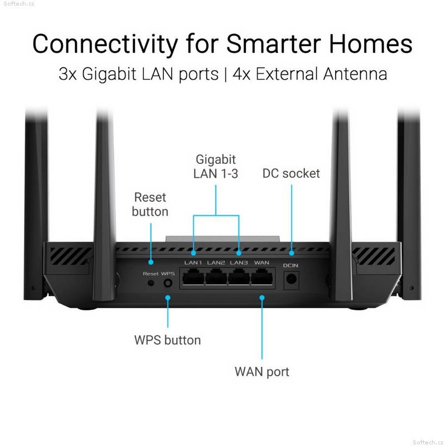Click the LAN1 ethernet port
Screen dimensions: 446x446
pyautogui.click(x=193, y=277)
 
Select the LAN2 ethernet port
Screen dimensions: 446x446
pyautogui.click(x=216, y=277)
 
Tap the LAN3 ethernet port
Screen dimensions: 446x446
pyautogui.click(x=239, y=277)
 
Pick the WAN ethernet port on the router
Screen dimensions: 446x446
pyautogui.click(x=262, y=277)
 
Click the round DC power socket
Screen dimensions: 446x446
pyautogui.click(x=291, y=279)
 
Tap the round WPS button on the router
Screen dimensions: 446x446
pyautogui.click(x=168, y=283)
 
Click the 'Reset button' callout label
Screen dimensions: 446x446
pyautogui.click(x=150, y=205)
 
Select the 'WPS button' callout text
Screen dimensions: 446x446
pyautogui.click(x=168, y=340)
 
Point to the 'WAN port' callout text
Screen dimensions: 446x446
pyautogui.click(x=262, y=372)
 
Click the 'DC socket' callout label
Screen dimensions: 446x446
pyautogui.click(x=291, y=173)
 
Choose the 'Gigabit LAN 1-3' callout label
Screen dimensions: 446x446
pyautogui.click(x=216, y=166)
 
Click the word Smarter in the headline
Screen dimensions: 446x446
pyautogui.click(x=274, y=43)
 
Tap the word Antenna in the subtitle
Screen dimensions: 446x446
pyautogui.click(x=355, y=74)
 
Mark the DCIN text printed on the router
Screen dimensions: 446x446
pyautogui.click(x=290, y=265)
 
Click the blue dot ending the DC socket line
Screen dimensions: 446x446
pyautogui.click(x=292, y=253)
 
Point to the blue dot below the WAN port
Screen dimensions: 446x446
pyautogui.click(x=262, y=298)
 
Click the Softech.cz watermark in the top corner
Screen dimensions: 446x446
pyautogui.click(x=19, y=4)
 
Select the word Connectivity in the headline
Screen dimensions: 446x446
pyautogui.click(x=105, y=44)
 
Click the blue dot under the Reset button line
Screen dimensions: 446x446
pyautogui.click(x=151, y=262)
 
